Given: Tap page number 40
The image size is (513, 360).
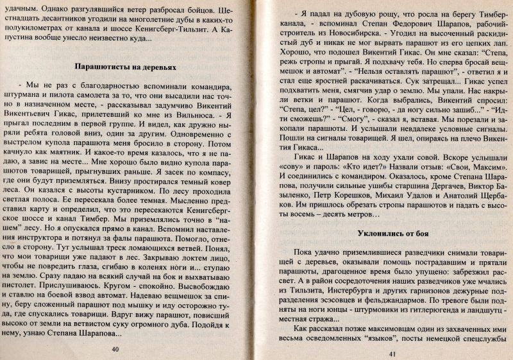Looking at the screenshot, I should click(115, 349).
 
